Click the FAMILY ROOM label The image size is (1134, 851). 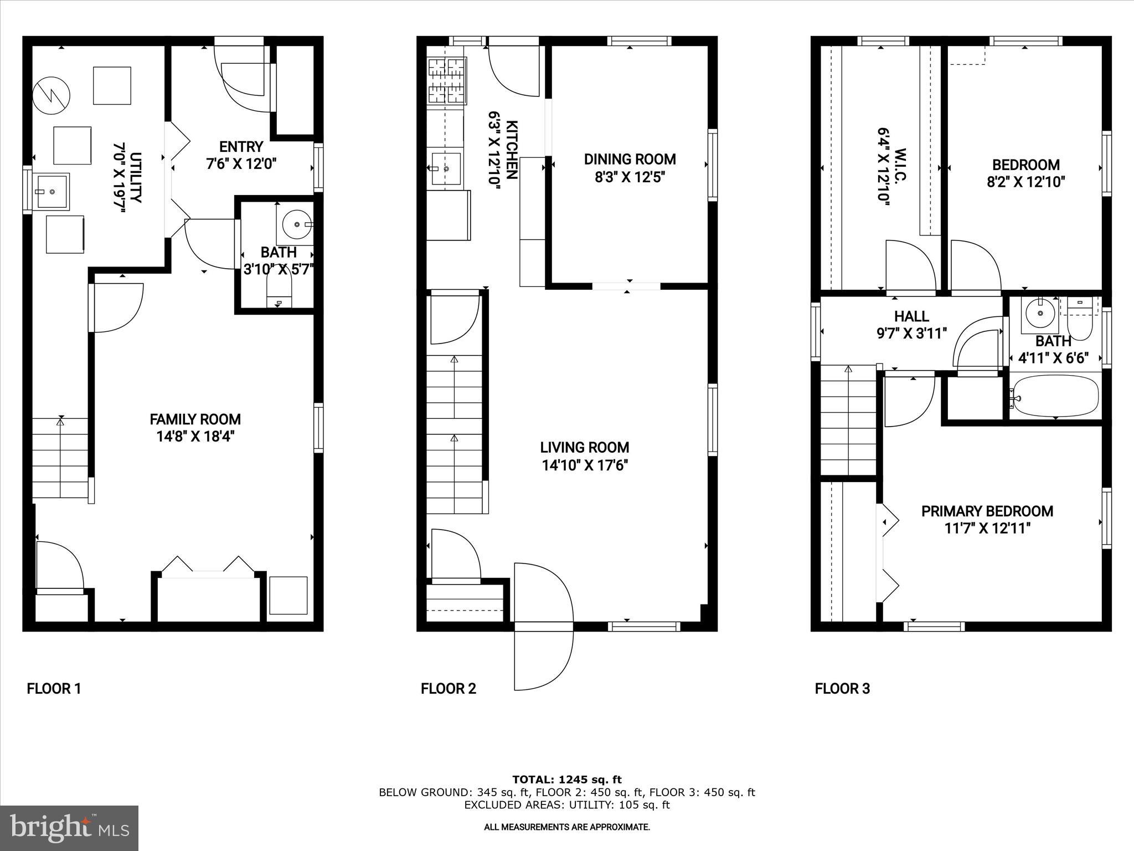tap(195, 419)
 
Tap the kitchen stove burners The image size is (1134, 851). tap(446, 81)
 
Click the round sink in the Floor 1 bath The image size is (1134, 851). tap(297, 224)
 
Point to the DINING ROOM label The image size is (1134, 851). tap(630, 160)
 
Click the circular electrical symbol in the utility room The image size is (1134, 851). tap(51, 96)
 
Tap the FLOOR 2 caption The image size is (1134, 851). tap(448, 689)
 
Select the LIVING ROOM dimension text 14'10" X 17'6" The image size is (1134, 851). tap(584, 465)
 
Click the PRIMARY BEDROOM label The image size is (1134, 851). tap(987, 511)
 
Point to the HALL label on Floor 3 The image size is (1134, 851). tap(911, 316)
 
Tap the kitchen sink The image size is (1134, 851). tap(446, 168)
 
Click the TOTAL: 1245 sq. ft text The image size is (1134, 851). tap(566, 780)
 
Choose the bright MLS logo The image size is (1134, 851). tap(69, 828)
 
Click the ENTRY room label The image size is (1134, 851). tap(241, 147)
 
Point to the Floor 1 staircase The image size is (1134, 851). tap(60, 459)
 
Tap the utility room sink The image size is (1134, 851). tap(52, 192)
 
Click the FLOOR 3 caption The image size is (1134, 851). tap(842, 689)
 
